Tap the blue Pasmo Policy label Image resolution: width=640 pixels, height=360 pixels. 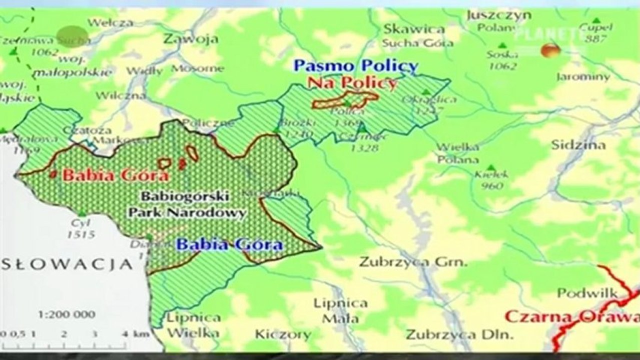(355, 65)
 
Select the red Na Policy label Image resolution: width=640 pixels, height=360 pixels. (351, 82)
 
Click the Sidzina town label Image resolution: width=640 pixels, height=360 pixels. (578, 145)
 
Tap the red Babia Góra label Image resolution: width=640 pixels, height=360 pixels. (116, 175)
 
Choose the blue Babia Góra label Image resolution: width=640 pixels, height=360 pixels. (230, 244)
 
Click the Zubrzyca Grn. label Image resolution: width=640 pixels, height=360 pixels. (413, 261)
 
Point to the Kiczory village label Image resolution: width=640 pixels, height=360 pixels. (283, 333)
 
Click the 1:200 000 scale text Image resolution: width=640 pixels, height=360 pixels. (67, 314)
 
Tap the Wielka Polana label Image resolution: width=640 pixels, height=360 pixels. (458, 153)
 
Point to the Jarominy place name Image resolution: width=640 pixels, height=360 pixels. (583, 77)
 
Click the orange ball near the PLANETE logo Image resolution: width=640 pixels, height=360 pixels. (550, 50)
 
